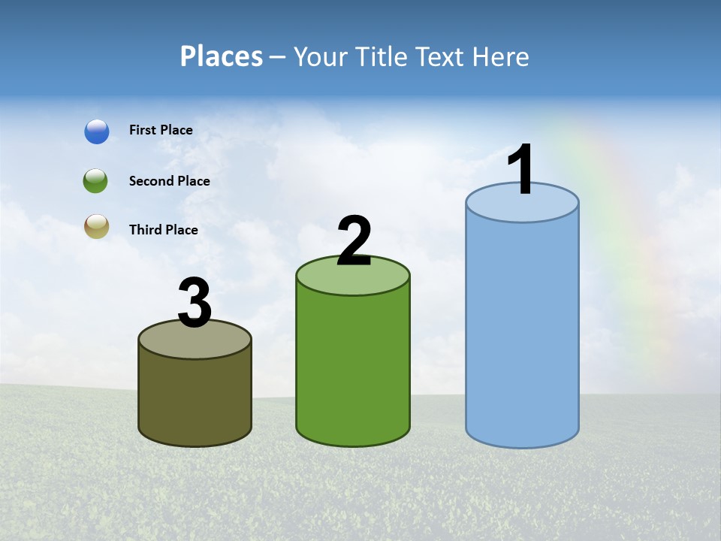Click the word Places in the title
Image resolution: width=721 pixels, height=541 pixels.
pos(222,56)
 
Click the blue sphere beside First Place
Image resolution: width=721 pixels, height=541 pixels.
pos(97,131)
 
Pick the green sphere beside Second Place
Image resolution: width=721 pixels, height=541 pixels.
pos(96,181)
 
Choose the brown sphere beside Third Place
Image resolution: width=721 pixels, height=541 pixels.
pos(97,227)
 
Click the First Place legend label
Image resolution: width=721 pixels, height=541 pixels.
pos(161,130)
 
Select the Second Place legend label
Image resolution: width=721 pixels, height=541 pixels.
pos(169,181)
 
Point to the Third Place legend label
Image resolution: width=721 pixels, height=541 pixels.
pos(163,230)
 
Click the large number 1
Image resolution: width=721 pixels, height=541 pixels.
pos(521,170)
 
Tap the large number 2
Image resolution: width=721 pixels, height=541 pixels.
pos(354,241)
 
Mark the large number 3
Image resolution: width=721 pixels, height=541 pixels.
pos(195,304)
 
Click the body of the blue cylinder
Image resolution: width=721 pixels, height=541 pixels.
pos(522,331)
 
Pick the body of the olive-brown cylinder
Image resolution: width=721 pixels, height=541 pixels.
pos(195,398)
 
